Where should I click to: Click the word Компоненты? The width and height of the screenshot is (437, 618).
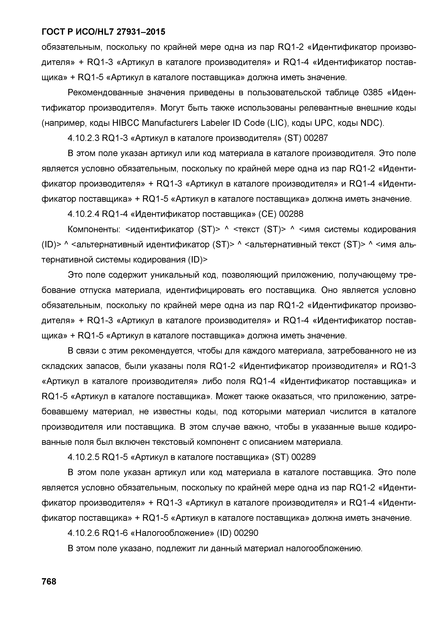(x=94, y=229)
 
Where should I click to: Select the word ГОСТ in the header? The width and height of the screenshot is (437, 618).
(x=53, y=32)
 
